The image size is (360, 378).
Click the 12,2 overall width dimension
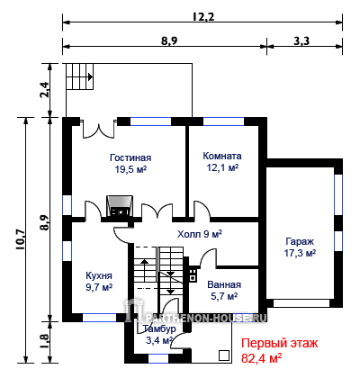203,16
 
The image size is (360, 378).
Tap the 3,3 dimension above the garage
301,40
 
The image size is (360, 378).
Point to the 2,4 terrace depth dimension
44,90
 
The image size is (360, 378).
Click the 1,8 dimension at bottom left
44,341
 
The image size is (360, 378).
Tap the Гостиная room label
130,157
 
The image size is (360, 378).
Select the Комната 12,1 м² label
222,162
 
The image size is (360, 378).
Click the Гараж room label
300,241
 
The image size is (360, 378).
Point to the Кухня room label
99,275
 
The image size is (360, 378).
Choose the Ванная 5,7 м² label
224,291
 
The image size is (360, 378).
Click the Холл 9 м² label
200,234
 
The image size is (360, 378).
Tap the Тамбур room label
159,329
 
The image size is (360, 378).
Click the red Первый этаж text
280,343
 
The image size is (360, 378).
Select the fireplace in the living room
120,206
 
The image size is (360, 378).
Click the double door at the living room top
99,129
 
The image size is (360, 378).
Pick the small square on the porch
223,355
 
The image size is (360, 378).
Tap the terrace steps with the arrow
80,76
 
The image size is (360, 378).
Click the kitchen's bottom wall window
99,318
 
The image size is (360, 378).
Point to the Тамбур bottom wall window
158,358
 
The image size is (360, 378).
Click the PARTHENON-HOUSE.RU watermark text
203,318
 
